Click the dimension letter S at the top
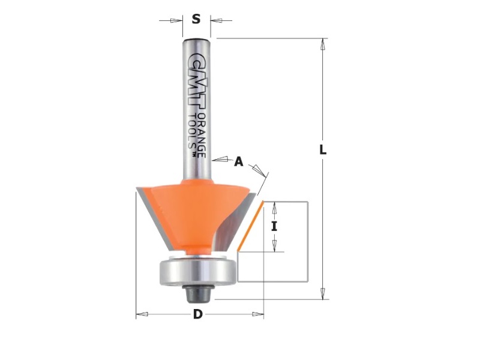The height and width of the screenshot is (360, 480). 196,19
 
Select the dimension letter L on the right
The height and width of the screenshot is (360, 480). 323,150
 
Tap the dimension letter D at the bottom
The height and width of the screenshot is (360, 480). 198,314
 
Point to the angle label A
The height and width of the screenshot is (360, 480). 238,161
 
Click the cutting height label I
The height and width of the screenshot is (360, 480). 274,227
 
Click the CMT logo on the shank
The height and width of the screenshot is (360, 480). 196,81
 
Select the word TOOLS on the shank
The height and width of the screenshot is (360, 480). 192,131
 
